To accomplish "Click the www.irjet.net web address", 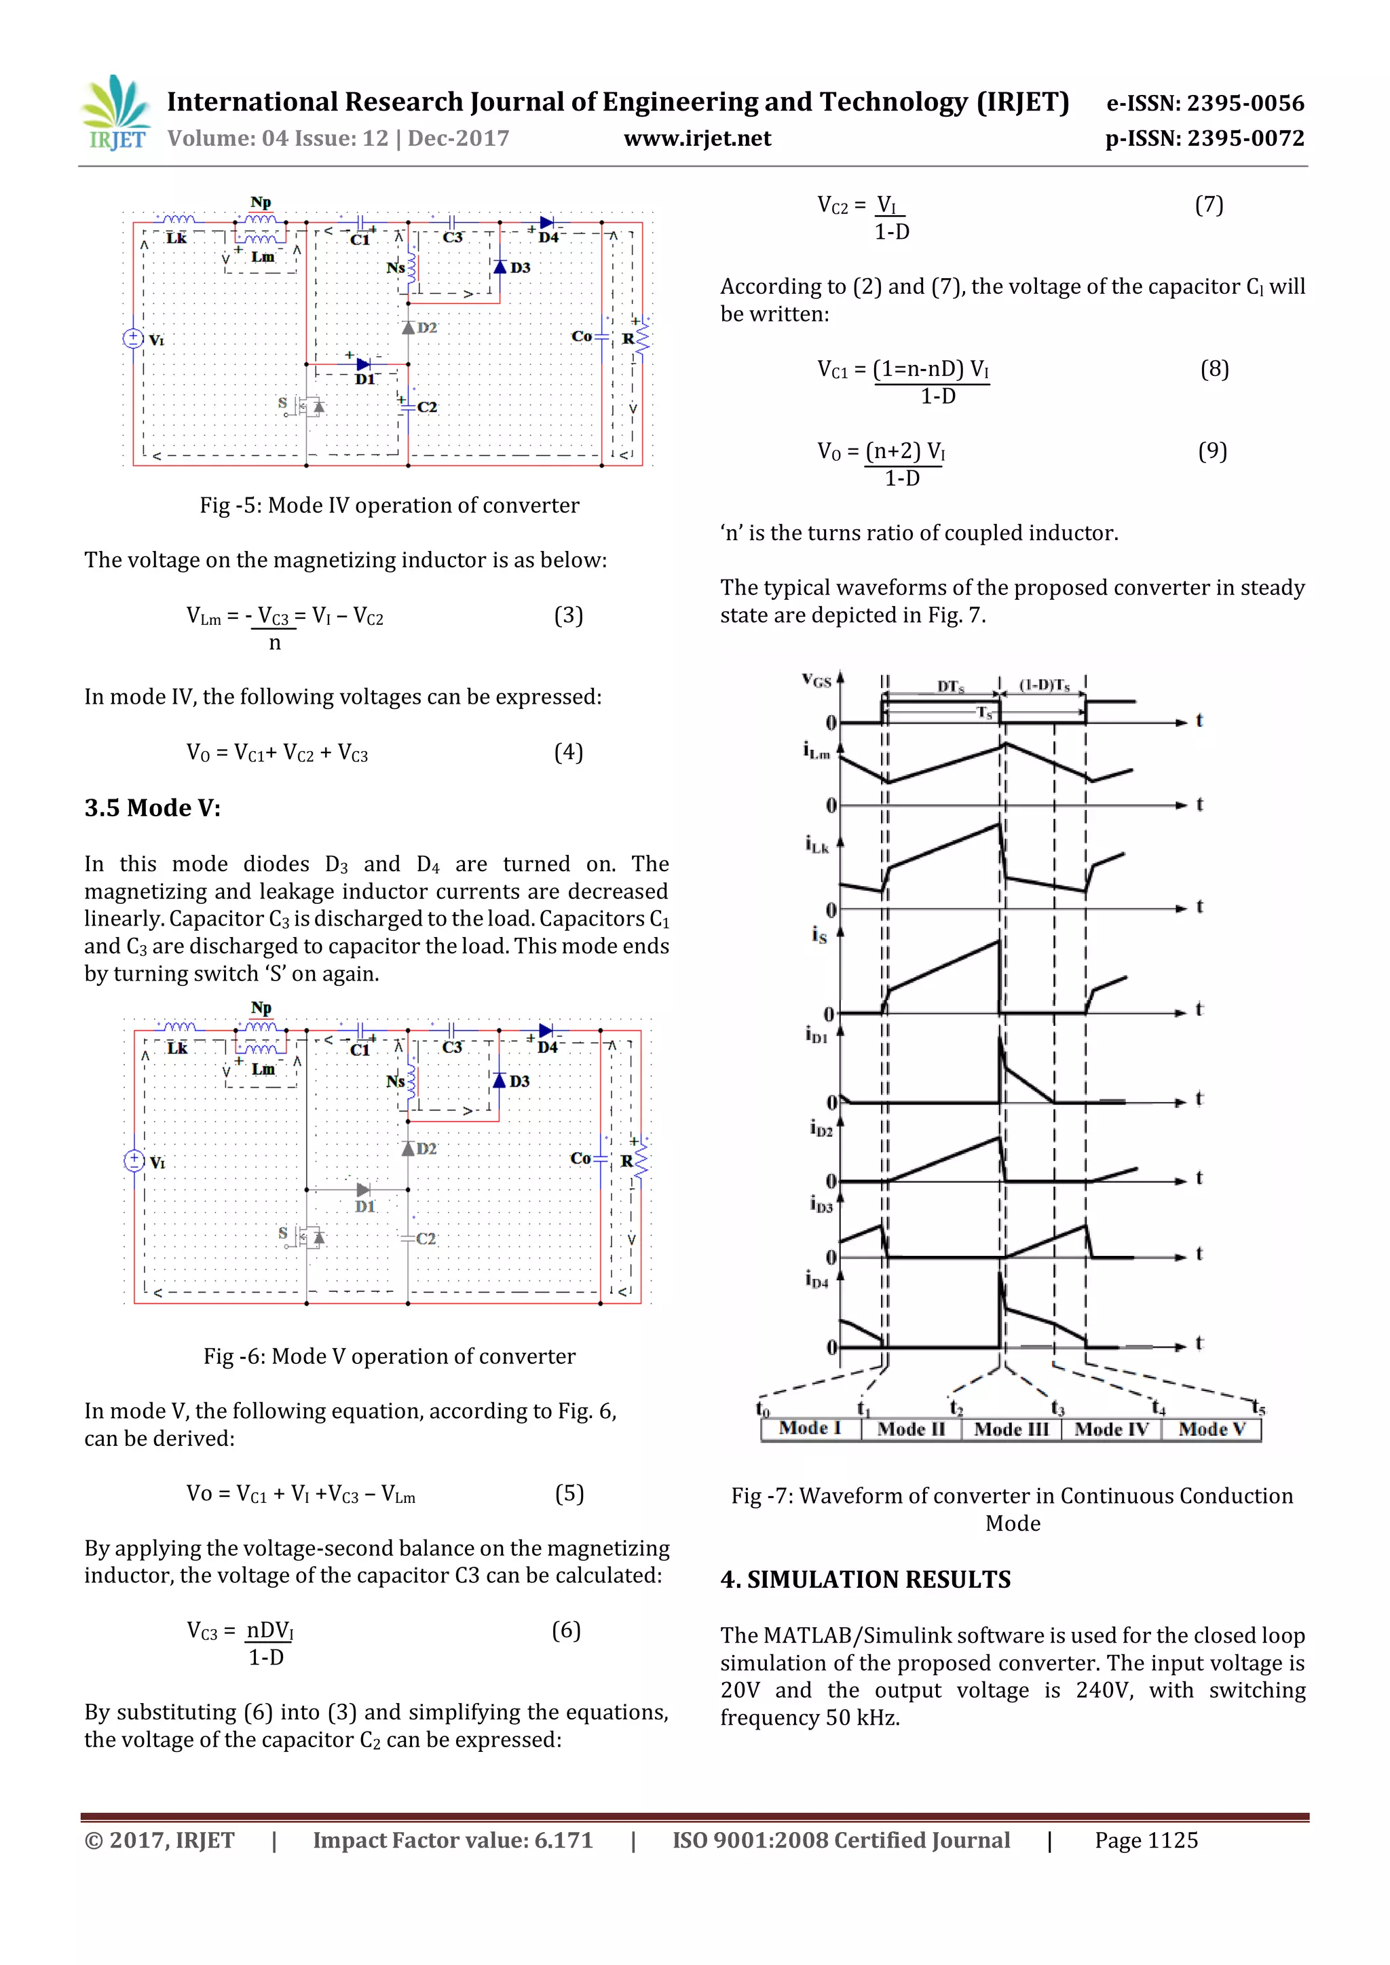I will point(697,138).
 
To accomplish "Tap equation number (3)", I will point(568,615).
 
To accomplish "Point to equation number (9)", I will point(1212,451).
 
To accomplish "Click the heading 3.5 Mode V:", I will point(152,808).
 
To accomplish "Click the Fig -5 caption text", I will point(390,505).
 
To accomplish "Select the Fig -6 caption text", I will point(390,1356).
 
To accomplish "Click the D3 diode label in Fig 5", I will point(519,268).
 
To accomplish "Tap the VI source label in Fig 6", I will point(157,1163).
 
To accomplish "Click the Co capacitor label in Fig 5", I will point(581,337).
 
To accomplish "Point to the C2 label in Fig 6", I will point(426,1238).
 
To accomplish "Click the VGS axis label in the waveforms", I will point(816,681).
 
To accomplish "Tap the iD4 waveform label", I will point(816,1280).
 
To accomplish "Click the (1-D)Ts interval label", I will point(1045,685).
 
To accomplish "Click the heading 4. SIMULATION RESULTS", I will point(865,1580).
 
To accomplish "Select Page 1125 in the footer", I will point(1146,1841).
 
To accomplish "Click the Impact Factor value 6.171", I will point(453,1841).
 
